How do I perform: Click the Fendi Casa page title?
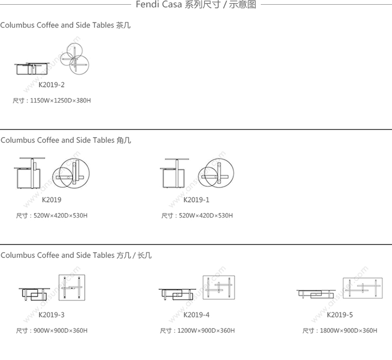tap(196, 5)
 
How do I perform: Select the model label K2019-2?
tap(52, 85)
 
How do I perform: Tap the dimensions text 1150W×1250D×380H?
tap(61, 100)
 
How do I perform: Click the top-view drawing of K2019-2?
tap(75, 59)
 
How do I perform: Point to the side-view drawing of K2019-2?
tap(32, 69)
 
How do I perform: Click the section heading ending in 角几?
tap(66, 140)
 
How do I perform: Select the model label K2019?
tap(52, 200)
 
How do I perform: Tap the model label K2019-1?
tap(197, 200)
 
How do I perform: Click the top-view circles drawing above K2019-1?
tap(216, 173)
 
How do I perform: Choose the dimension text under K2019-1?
tap(197, 216)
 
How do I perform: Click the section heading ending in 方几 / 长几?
tap(76, 255)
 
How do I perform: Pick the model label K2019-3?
tap(52, 314)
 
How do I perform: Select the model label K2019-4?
tap(197, 314)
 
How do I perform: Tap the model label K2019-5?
tap(340, 314)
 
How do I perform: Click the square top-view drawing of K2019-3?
tap(72, 288)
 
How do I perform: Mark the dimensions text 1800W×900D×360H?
tap(349, 331)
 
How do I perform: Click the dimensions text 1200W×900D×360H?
tap(206, 331)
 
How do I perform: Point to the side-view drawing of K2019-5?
tap(315, 294)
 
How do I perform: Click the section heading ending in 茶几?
tap(65, 25)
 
